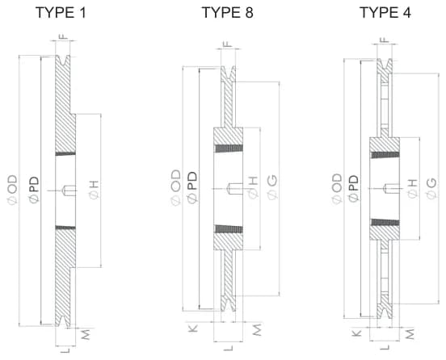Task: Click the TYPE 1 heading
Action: tap(61, 13)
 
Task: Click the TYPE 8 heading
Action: tap(227, 13)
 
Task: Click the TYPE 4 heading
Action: tap(385, 13)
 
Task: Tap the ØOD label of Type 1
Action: tap(12, 190)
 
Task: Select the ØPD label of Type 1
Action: tap(34, 190)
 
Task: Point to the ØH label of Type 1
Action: tap(95, 190)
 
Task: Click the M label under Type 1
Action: tap(86, 334)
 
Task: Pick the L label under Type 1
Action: tap(65, 351)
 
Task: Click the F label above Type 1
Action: tap(63, 36)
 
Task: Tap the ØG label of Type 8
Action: tap(272, 187)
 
